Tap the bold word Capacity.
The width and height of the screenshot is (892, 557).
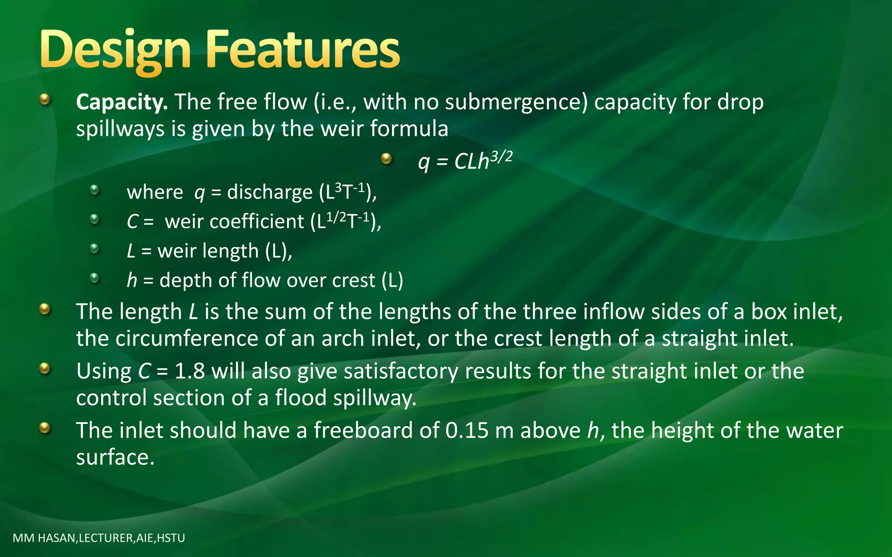click(122, 103)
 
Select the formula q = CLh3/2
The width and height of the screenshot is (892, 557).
click(465, 161)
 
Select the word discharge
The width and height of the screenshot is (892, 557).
click(270, 192)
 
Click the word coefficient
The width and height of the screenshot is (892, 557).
click(257, 222)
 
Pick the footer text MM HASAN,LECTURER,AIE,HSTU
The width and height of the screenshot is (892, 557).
click(99, 538)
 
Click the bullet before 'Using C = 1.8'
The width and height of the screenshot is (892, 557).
click(44, 369)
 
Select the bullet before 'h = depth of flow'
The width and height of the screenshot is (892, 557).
click(95, 278)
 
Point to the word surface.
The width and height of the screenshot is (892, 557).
click(115, 458)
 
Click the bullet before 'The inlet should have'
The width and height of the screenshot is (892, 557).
click(44, 428)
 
